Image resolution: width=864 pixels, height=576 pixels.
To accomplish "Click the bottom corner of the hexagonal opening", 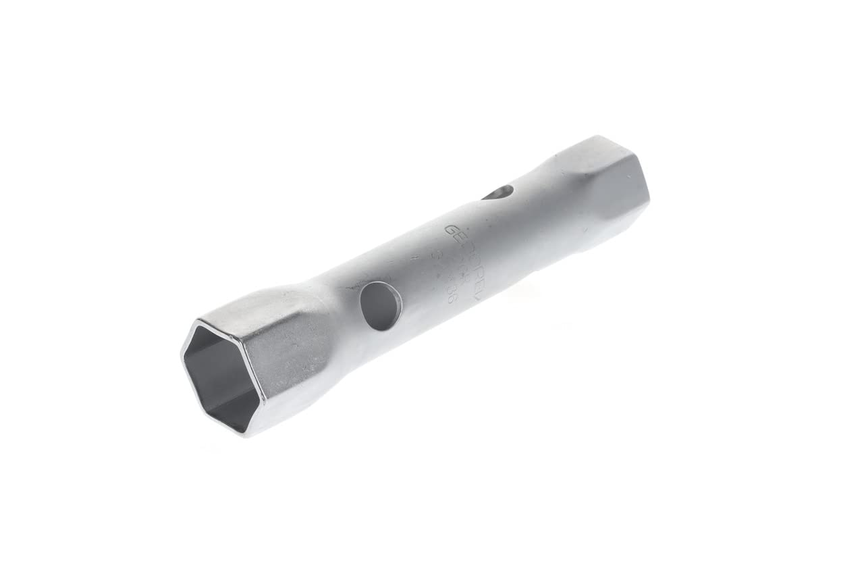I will pyautogui.click(x=246, y=432).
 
